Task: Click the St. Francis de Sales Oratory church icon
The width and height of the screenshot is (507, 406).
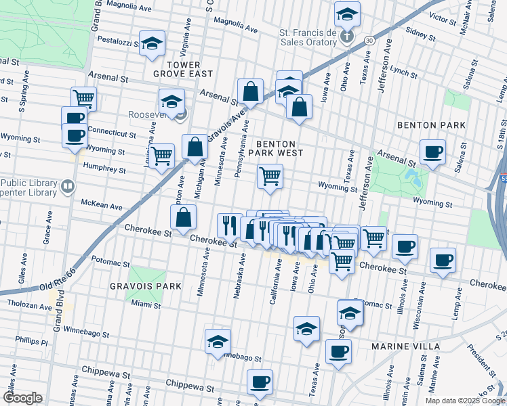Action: (x=347, y=36)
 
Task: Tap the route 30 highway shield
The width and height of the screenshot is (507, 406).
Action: (x=368, y=41)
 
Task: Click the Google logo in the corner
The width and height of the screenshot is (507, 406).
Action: (x=22, y=397)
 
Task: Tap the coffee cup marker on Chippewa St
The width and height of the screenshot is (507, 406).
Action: (x=260, y=381)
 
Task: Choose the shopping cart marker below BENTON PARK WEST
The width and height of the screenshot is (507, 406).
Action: (x=270, y=176)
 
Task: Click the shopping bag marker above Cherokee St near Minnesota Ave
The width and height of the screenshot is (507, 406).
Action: (x=184, y=218)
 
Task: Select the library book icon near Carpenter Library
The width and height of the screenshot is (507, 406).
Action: (x=68, y=185)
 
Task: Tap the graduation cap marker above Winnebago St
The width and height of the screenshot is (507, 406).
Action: (x=218, y=341)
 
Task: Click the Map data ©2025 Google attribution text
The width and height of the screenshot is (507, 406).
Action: (x=464, y=400)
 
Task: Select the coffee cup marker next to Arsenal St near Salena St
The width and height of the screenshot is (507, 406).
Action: (x=432, y=152)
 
